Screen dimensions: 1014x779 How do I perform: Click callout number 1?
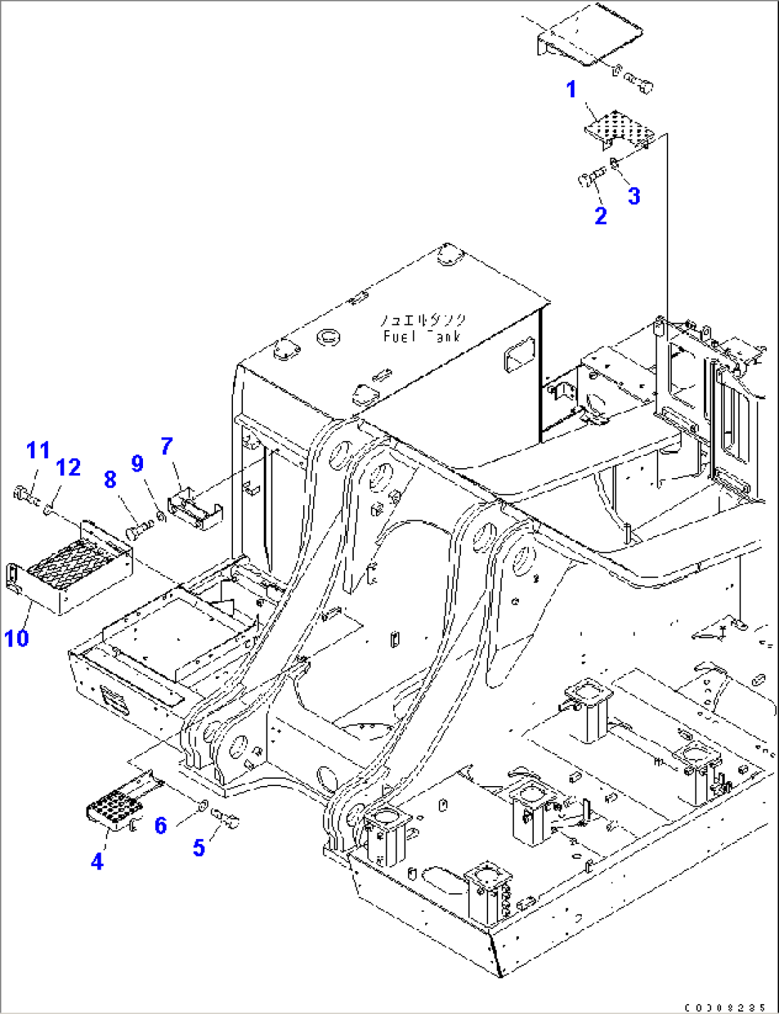[572, 90]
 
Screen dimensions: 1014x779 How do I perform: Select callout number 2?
[601, 215]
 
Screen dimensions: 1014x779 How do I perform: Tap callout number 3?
[634, 196]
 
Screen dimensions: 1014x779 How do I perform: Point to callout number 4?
[97, 861]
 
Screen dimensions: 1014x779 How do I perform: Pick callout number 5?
[199, 848]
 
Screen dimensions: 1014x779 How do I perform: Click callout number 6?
[161, 825]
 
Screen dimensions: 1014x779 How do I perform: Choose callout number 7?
[167, 447]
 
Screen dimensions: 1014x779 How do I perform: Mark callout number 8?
[110, 479]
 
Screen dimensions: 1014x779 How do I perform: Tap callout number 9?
[138, 464]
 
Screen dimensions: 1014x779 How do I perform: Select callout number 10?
[16, 637]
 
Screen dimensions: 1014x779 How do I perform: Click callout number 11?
[38, 450]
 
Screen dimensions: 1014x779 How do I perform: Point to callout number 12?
[69, 467]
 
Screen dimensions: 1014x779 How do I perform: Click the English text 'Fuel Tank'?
[422, 336]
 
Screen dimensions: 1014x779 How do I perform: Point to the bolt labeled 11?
[23, 492]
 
